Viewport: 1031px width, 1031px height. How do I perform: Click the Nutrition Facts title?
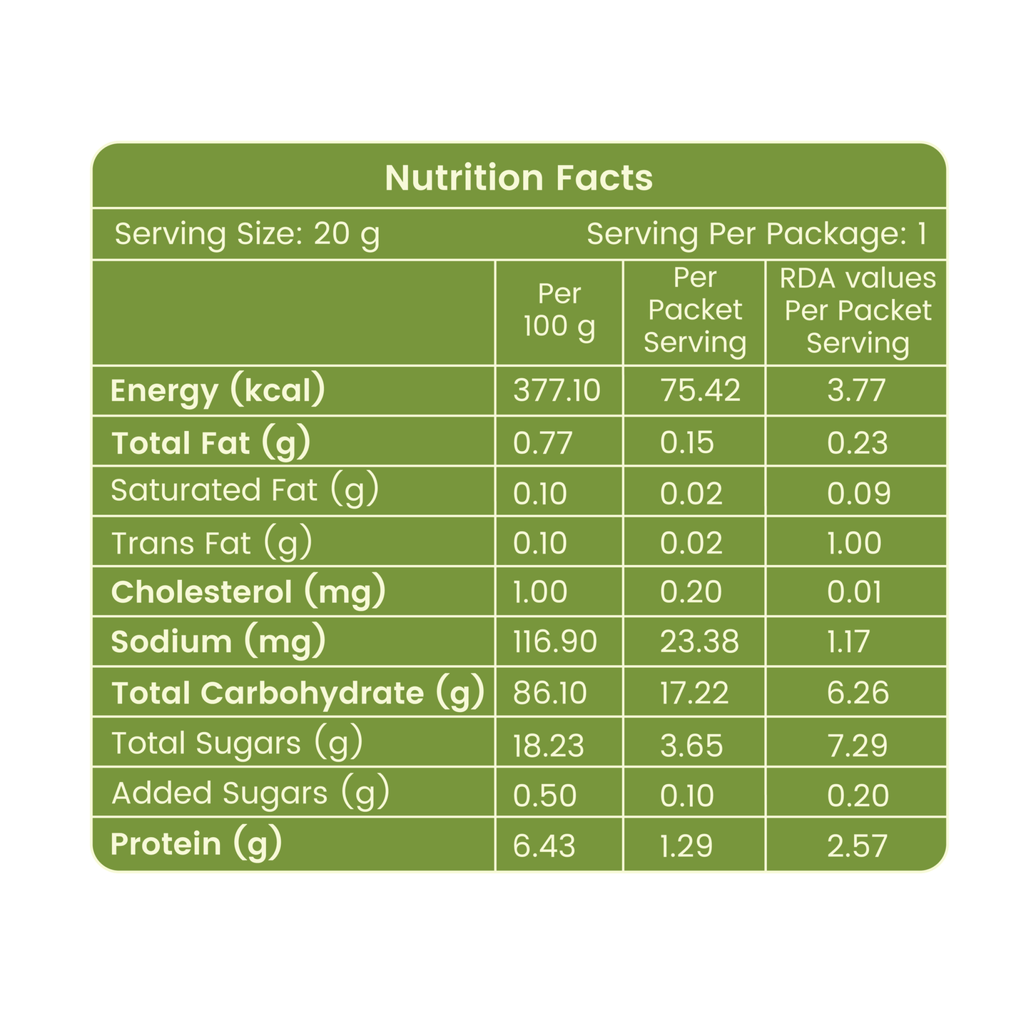tap(519, 178)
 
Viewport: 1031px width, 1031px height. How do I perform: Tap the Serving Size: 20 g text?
tap(247, 235)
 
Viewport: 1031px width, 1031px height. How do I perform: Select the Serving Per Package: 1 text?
tap(756, 234)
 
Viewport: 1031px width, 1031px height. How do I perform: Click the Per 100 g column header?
tap(559, 310)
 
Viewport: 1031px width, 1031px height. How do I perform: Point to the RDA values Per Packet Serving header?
tap(858, 311)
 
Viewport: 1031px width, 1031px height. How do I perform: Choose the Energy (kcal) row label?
tap(217, 390)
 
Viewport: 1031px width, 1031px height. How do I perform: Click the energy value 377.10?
tap(557, 390)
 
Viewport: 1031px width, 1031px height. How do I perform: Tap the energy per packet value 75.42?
tap(701, 390)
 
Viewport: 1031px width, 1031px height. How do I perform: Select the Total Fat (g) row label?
tap(210, 442)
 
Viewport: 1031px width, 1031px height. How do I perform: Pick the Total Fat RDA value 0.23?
tap(857, 443)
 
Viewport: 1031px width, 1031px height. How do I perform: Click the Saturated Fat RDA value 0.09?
tap(859, 493)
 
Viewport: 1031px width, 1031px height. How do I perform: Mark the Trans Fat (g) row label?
tap(211, 543)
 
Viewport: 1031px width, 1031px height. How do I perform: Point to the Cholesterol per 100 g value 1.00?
tap(540, 591)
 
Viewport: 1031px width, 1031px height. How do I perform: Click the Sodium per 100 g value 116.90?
tap(555, 641)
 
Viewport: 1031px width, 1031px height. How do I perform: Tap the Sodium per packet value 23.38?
tap(699, 641)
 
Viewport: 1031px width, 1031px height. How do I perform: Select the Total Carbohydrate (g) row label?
tap(298, 693)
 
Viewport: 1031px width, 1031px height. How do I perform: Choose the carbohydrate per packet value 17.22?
tap(694, 693)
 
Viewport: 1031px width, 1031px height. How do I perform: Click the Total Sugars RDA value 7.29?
tap(858, 746)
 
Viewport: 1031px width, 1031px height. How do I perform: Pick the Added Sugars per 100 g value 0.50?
tap(544, 796)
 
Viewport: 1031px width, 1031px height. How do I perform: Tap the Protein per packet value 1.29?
tap(686, 846)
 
